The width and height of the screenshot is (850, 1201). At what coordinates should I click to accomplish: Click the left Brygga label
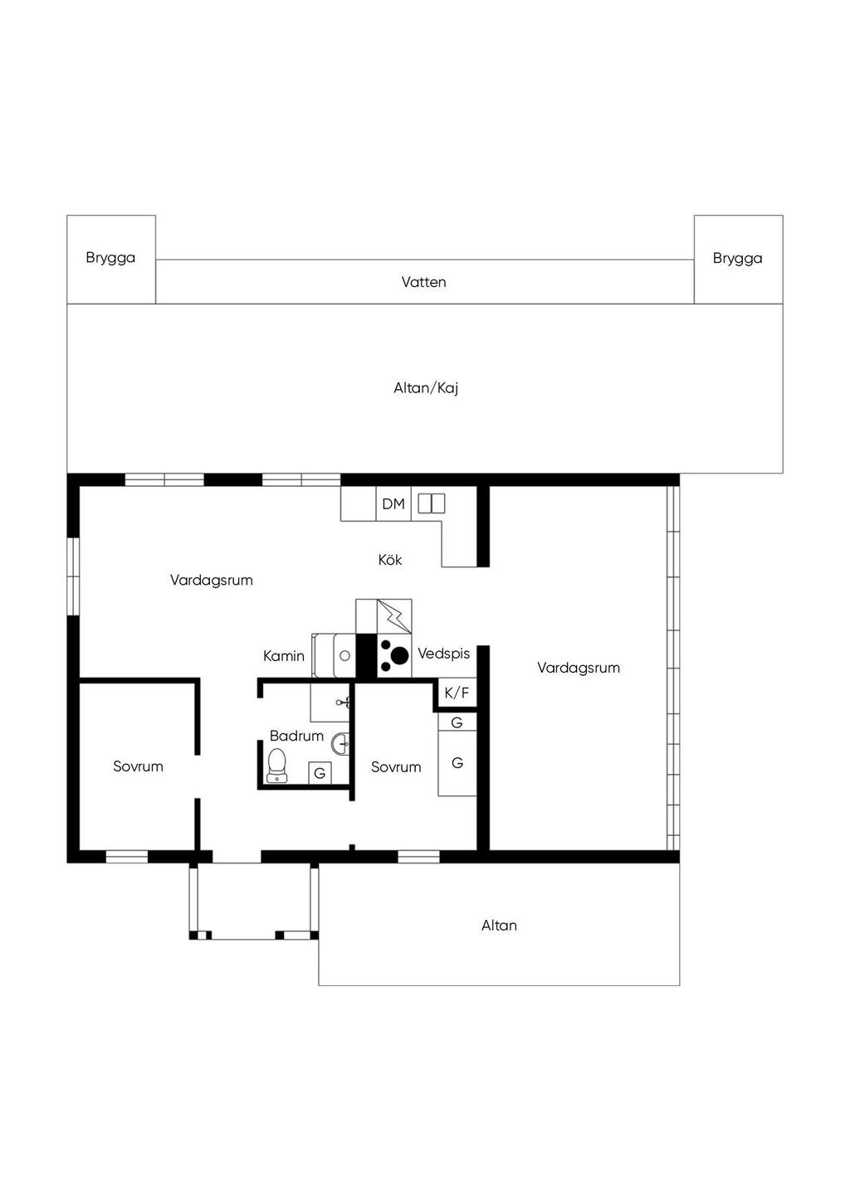pyautogui.click(x=110, y=259)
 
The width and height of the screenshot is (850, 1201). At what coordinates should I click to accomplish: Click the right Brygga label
pyautogui.click(x=737, y=259)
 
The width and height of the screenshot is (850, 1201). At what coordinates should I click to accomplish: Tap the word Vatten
pyautogui.click(x=424, y=282)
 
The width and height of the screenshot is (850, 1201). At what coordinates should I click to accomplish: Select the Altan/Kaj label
pyautogui.click(x=426, y=388)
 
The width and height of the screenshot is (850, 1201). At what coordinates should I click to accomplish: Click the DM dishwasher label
pyautogui.click(x=393, y=504)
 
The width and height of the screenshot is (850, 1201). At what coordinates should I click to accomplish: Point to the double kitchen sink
pyautogui.click(x=432, y=503)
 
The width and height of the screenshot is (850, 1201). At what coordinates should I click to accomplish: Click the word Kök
pyautogui.click(x=390, y=560)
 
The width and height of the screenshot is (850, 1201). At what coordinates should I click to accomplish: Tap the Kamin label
pyautogui.click(x=284, y=656)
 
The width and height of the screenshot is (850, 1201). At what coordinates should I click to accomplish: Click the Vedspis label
pyautogui.click(x=444, y=654)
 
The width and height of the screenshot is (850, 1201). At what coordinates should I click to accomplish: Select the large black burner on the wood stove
pyautogui.click(x=399, y=654)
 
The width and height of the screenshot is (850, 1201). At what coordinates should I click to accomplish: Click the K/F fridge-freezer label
pyautogui.click(x=457, y=693)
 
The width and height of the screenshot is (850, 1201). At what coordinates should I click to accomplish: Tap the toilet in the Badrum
pyautogui.click(x=277, y=766)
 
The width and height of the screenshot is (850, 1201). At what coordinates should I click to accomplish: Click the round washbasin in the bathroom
pyautogui.click(x=340, y=744)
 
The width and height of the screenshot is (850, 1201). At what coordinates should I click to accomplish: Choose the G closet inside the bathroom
pyautogui.click(x=320, y=773)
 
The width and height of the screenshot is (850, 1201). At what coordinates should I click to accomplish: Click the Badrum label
pyautogui.click(x=296, y=736)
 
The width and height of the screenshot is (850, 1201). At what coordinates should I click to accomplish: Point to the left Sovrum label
pyautogui.click(x=138, y=766)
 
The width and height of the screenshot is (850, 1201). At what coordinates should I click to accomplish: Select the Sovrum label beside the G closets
pyautogui.click(x=396, y=766)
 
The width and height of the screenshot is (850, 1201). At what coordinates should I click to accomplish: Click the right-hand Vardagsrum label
pyautogui.click(x=579, y=668)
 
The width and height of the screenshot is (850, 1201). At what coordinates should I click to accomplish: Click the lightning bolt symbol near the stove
pyautogui.click(x=395, y=616)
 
